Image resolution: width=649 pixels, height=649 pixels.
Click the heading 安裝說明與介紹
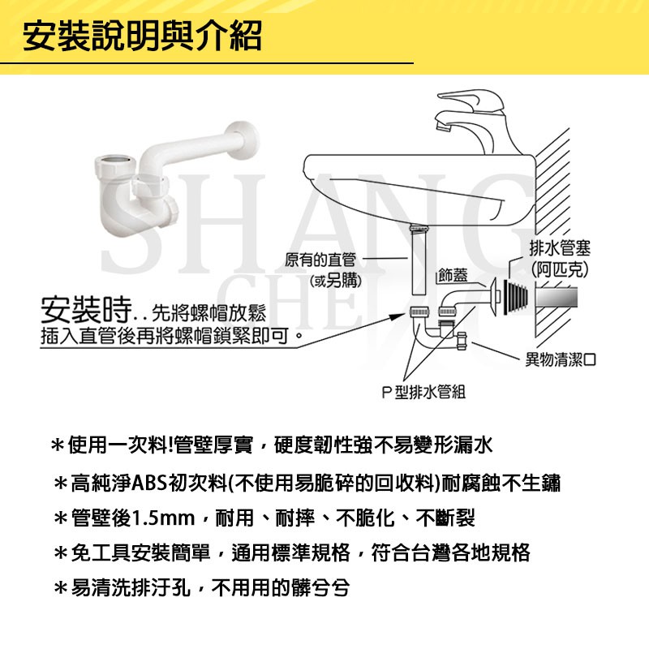pos(141,35)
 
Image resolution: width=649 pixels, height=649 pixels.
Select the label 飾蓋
pos(453,275)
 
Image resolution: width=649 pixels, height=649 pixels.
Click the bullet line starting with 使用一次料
pos(272,445)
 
